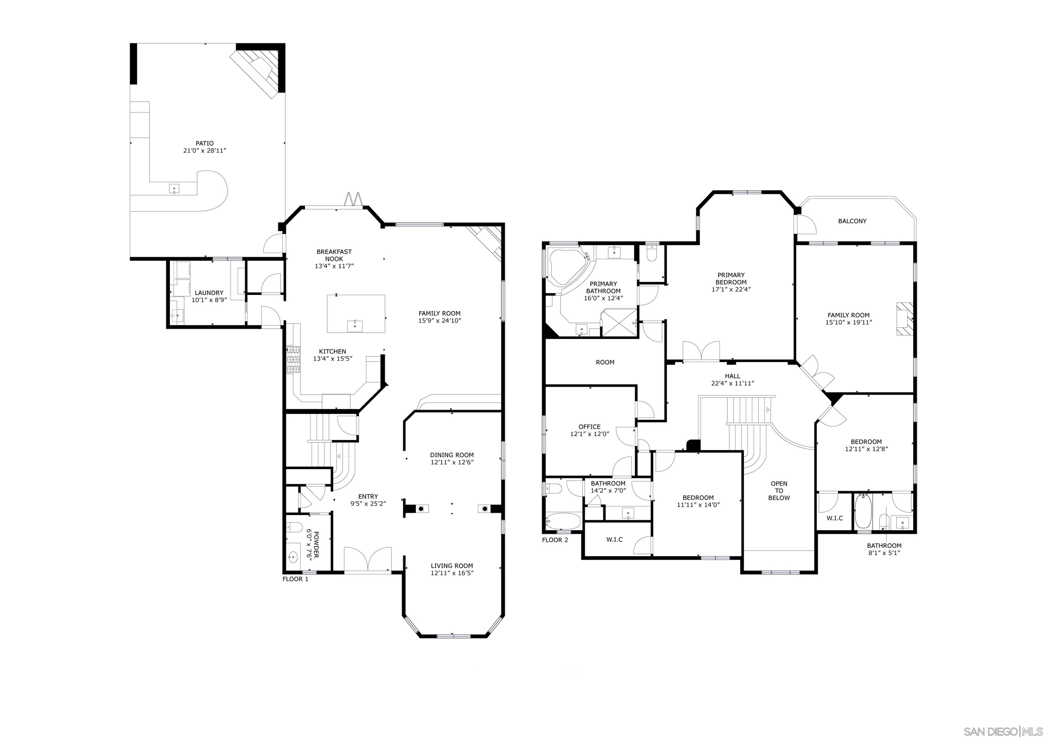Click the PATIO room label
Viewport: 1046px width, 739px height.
(205, 144)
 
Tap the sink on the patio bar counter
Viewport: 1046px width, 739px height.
(174, 188)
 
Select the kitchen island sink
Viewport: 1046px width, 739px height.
(354, 326)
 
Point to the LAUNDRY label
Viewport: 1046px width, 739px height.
(209, 293)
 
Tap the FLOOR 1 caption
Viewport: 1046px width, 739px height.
(295, 579)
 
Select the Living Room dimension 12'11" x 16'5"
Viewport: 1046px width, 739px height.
(452, 573)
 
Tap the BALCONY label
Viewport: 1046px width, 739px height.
(852, 221)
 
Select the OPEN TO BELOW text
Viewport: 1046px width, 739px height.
(779, 491)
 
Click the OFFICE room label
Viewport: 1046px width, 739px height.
(589, 427)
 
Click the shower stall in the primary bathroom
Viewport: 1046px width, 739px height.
(619, 322)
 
